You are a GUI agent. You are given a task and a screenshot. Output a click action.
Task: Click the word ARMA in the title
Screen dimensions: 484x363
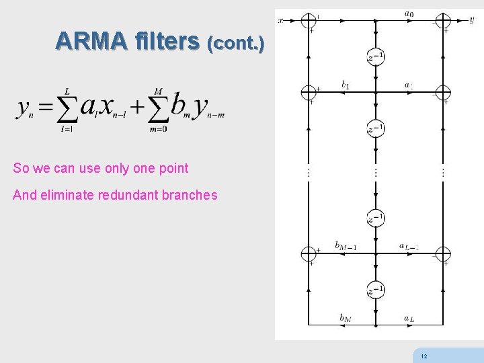tap(91, 42)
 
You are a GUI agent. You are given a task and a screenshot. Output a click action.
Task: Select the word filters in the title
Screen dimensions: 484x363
tap(166, 42)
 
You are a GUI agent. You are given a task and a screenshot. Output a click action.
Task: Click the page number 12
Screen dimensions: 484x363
tap(423, 356)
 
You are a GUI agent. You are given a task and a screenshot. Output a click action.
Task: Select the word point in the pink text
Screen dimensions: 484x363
tap(173, 168)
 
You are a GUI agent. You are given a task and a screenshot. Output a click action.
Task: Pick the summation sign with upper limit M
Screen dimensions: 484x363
tap(158, 108)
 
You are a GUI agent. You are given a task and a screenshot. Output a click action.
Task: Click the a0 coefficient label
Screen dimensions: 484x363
tap(409, 13)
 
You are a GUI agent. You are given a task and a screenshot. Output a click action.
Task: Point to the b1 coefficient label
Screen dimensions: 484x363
tap(345, 85)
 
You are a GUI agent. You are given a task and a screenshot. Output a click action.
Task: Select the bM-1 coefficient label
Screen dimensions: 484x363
tap(346, 246)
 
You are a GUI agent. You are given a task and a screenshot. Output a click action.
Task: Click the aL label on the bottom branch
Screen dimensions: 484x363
tap(409, 317)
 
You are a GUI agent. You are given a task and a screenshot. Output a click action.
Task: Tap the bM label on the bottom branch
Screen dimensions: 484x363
tap(345, 317)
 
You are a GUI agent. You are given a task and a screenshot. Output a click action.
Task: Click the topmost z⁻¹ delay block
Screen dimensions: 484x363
tap(376, 56)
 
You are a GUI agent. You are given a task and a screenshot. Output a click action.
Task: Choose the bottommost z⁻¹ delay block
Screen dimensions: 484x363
tap(376, 290)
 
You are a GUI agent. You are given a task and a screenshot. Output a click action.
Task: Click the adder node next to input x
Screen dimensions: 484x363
tap(309, 21)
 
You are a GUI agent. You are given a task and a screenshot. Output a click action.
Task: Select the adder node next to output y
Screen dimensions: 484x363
tap(443, 21)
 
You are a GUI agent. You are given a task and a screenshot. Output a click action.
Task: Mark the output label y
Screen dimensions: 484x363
tap(471, 21)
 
